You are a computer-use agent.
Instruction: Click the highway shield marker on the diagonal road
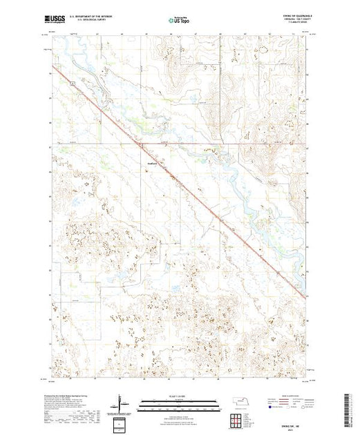coord(71,82)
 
